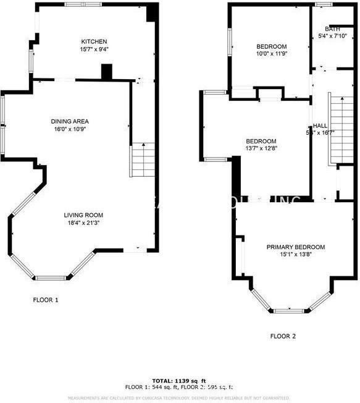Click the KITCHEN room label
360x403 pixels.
point(93,41)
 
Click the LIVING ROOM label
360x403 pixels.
point(82,215)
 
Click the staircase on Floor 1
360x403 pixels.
point(142,160)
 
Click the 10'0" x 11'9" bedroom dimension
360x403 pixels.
point(272,54)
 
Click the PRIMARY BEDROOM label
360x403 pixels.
point(295,247)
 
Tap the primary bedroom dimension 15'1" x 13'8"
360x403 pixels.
point(295,254)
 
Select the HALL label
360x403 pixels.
point(320,125)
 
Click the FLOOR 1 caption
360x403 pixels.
point(46,300)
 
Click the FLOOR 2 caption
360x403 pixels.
point(283,337)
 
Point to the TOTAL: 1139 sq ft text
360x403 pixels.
point(179,380)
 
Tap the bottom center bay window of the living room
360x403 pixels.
point(51,278)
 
